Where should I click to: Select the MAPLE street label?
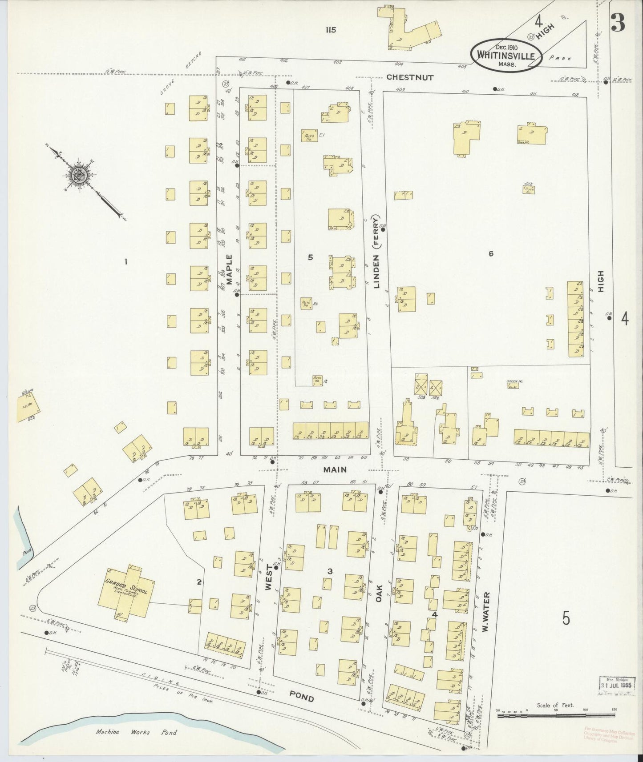[230, 269]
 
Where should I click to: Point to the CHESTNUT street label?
[409, 77]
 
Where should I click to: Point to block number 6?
[491, 254]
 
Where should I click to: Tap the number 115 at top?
[330, 30]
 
